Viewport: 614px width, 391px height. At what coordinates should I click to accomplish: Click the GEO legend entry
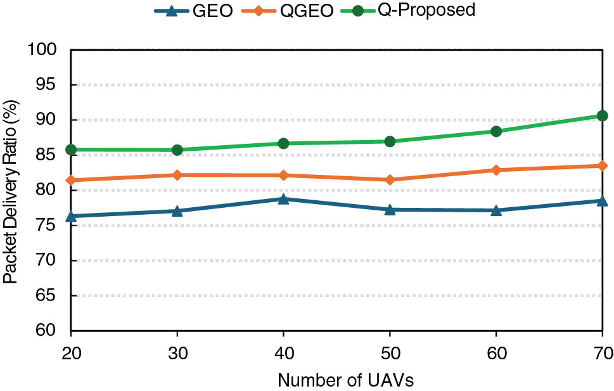pos(193,11)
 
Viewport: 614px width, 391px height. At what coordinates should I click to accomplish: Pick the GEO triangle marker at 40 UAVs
pos(283,199)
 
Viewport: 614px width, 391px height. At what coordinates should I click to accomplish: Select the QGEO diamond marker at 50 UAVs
pos(390,180)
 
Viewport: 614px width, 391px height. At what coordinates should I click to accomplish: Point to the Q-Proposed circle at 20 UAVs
pos(71,150)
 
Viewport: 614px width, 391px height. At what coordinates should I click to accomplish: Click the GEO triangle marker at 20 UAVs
pos(71,216)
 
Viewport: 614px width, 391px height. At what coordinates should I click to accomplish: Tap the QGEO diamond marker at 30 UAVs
pos(177,175)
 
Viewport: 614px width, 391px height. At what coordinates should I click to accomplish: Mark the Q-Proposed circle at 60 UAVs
pos(496,131)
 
